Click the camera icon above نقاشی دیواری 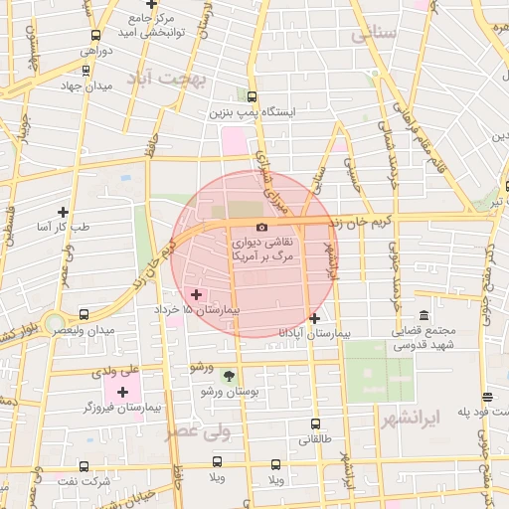[261, 228]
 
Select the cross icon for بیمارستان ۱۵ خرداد [196, 294]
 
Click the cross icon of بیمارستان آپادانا [314, 318]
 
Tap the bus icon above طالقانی [315, 424]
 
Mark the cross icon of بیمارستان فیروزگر [122, 392]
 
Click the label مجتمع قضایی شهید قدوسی [424, 338]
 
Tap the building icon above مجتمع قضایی [424, 316]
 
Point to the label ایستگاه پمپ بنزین [252, 113]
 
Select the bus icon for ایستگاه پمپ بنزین [252, 97]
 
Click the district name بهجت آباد [171, 79]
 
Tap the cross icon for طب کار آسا [64, 212]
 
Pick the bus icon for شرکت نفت [83, 465]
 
